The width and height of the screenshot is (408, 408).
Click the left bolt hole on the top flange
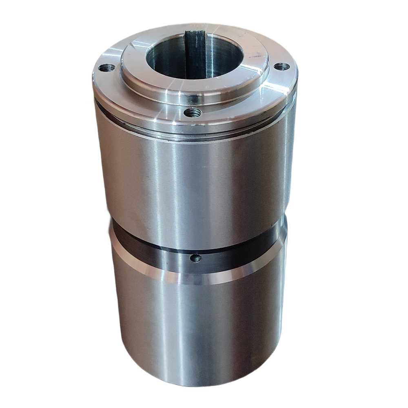pyautogui.click(x=107, y=68)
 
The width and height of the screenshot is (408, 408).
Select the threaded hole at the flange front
pyautogui.click(x=192, y=111)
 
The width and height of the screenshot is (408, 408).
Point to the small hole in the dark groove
pyautogui.click(x=196, y=258)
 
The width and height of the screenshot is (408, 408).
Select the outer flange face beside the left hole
pyautogui.click(x=102, y=82)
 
